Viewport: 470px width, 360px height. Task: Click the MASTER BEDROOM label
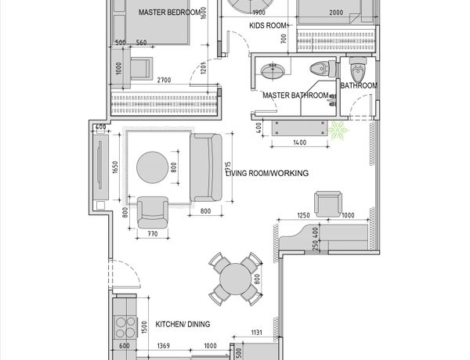click(x=170, y=13)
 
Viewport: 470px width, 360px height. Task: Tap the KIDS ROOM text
click(x=269, y=26)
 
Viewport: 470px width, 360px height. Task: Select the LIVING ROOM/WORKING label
click(x=267, y=173)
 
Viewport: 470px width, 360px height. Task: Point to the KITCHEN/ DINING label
click(x=183, y=324)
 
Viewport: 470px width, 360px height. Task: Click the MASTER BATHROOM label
click(x=295, y=95)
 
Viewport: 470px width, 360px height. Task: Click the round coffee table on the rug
click(x=152, y=167)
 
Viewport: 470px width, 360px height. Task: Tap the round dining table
click(x=235, y=279)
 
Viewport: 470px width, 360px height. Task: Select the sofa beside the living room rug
click(x=206, y=167)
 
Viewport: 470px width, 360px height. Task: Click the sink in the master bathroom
click(x=273, y=71)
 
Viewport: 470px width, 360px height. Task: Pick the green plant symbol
click(x=338, y=130)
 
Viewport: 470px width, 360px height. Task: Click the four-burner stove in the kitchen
click(x=125, y=327)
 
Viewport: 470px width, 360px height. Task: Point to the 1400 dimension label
click(x=300, y=142)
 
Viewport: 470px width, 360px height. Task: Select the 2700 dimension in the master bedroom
click(x=164, y=80)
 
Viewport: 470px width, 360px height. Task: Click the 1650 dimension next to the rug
click(x=115, y=167)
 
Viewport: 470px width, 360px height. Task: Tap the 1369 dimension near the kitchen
click(x=164, y=346)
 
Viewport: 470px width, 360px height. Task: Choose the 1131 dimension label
click(x=257, y=332)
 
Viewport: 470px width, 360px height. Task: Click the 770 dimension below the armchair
click(x=153, y=234)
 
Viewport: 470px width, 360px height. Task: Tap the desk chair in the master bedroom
click(x=141, y=69)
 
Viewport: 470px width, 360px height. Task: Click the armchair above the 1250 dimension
click(x=328, y=204)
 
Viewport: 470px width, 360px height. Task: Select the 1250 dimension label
click(x=303, y=215)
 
